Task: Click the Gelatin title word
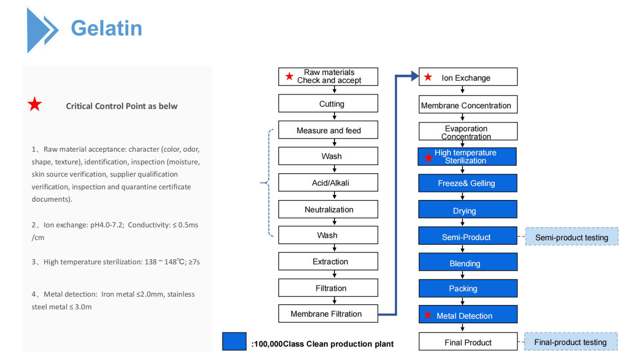(106, 28)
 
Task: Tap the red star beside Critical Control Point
(35, 104)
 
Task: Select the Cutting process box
(328, 103)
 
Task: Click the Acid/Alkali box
(328, 182)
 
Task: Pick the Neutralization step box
(328, 209)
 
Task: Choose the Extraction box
(328, 261)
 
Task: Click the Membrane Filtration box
(328, 313)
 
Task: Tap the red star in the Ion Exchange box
(428, 77)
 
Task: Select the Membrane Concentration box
(468, 105)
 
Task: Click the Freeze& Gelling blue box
(468, 183)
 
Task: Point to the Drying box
(468, 209)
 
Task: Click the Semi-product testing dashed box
(572, 237)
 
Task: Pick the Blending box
(468, 262)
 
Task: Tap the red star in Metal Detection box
(428, 315)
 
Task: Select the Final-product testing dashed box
(571, 341)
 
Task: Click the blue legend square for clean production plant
(234, 341)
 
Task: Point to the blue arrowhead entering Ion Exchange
(415, 76)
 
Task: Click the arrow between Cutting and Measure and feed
(335, 116)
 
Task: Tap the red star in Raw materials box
(290, 76)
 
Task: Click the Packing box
(468, 288)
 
